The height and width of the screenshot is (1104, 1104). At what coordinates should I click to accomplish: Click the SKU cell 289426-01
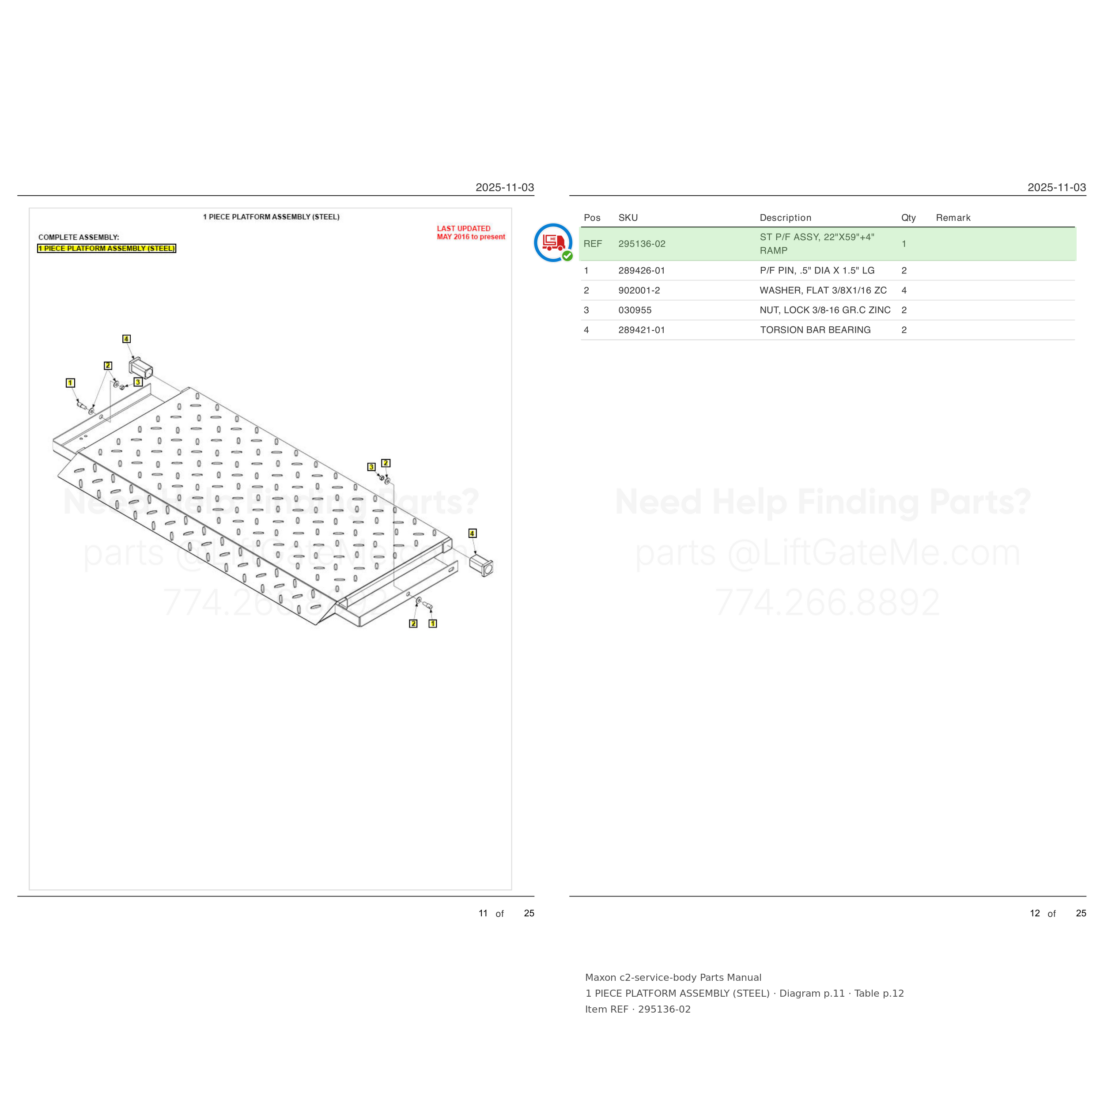point(641,270)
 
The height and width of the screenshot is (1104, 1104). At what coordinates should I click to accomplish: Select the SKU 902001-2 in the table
point(639,290)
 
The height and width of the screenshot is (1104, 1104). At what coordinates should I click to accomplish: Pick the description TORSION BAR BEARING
point(815,330)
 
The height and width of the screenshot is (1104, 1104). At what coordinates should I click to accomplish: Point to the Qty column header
point(908,218)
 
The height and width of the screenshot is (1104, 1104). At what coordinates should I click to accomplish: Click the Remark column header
point(953,218)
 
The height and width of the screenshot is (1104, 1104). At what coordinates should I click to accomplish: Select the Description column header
point(785,218)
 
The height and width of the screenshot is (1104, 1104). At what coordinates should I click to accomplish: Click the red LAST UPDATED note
point(471,233)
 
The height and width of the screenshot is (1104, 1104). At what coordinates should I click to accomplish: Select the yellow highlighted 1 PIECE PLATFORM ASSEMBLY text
point(107,249)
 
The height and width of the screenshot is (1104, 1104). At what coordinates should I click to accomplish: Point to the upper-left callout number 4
point(126,339)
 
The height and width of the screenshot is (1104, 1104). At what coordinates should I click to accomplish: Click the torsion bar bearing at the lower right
point(481,565)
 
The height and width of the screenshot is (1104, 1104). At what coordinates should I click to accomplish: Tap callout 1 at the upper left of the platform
point(70,383)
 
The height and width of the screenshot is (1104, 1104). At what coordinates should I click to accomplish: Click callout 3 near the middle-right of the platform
point(371,467)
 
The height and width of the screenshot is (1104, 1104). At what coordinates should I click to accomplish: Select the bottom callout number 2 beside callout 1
point(413,624)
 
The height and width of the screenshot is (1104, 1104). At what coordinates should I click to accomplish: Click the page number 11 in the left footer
point(483,913)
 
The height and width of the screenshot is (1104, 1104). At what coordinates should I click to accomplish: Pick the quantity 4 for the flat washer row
point(904,290)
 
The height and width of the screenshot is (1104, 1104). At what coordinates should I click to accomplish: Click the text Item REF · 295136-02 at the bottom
point(638,1009)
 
